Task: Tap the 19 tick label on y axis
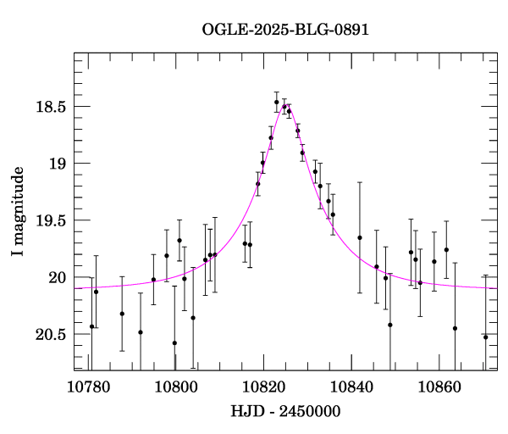[x=57, y=164]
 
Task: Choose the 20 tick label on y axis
[x=57, y=277]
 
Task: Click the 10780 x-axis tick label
[x=88, y=387]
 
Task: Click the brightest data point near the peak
[x=276, y=103]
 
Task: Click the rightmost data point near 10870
[x=486, y=337]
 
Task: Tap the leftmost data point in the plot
[x=91, y=326]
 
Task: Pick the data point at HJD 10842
[x=360, y=237]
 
